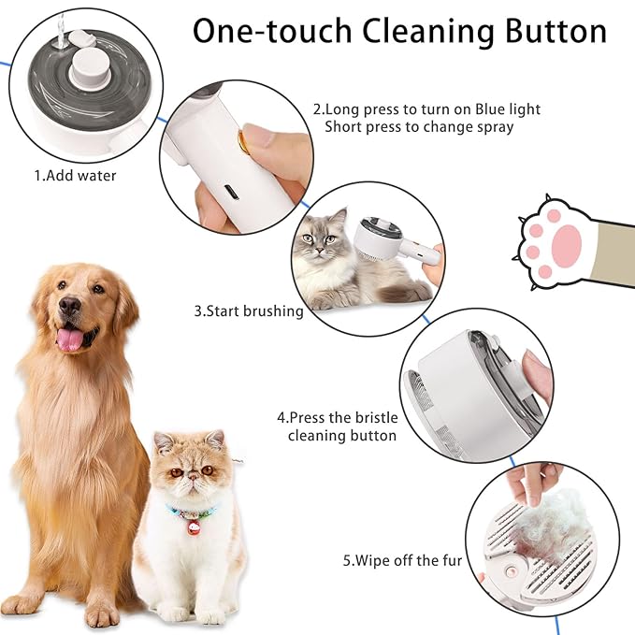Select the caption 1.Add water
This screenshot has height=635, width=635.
click(x=76, y=175)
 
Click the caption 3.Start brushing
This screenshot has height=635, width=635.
click(x=248, y=311)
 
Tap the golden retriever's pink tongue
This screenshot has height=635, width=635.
click(x=70, y=339)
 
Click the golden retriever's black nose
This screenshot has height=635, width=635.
click(x=69, y=306)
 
